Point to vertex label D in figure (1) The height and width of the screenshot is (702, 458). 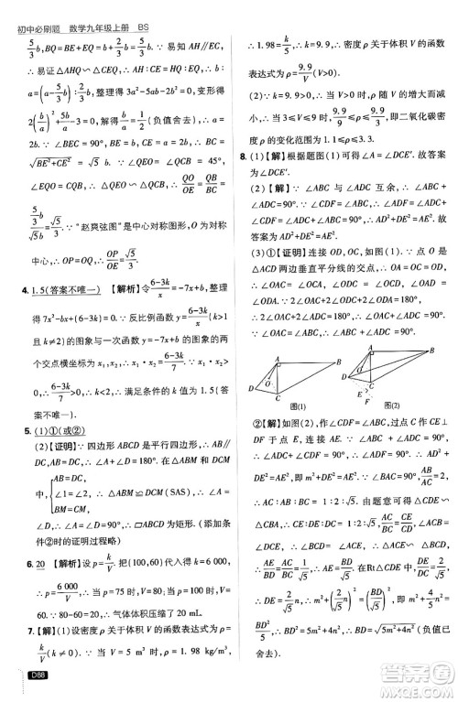[251, 388]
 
